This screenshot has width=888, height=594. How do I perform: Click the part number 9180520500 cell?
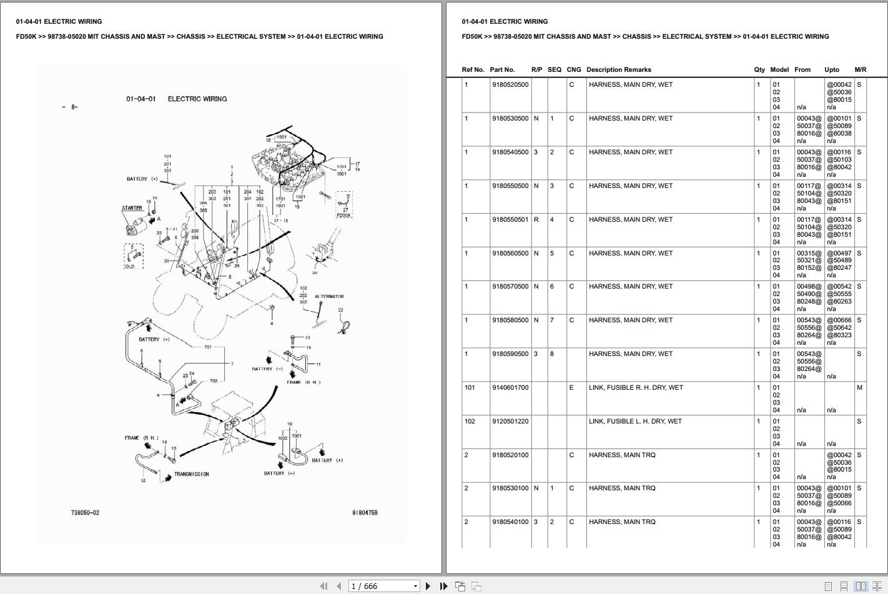pos(510,85)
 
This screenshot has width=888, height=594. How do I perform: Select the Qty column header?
pos(759,70)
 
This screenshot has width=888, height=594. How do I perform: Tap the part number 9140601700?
pos(510,388)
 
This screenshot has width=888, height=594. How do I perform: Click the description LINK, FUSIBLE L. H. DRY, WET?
pos(635,422)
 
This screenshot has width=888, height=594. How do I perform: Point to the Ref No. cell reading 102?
pos(470,422)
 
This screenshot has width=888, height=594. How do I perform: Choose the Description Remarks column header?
pos(618,70)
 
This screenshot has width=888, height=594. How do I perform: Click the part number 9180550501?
pos(510,220)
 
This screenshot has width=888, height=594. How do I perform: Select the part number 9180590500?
pos(510,354)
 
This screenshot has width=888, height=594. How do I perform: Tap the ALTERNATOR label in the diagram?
pos(329,297)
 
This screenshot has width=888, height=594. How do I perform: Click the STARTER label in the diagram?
pos(132,208)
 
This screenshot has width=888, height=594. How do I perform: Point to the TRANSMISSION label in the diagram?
pos(191,474)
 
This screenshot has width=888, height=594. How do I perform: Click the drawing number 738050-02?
pos(85,513)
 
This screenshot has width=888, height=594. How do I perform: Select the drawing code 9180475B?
pos(365,513)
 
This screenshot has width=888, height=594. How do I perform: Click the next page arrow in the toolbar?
pos(428,586)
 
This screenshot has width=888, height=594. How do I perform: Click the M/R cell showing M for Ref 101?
pos(859,388)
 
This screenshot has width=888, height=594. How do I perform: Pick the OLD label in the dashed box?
pos(130,266)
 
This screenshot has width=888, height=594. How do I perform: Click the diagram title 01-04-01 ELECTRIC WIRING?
pos(176,99)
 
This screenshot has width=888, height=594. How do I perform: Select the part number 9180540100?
pos(510,522)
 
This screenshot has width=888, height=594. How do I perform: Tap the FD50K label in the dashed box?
pos(344,215)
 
